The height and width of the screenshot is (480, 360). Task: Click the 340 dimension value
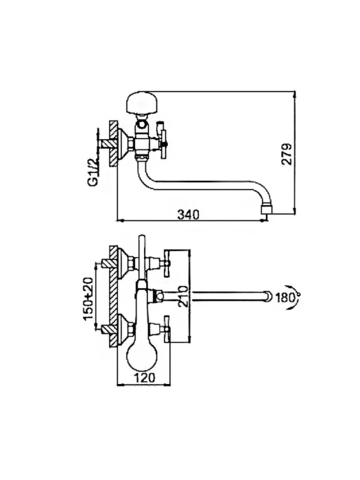point(189,215)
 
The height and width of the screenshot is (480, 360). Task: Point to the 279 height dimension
point(287,154)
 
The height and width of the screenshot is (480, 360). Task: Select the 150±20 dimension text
point(88,298)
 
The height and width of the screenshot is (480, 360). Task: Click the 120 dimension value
point(144,378)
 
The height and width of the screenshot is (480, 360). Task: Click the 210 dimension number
point(182,296)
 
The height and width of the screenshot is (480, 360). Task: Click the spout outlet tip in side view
point(266,211)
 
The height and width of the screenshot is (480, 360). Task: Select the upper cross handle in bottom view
point(167,263)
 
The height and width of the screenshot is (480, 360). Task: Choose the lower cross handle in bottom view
point(167,329)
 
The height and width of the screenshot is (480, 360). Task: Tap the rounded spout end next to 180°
point(269,296)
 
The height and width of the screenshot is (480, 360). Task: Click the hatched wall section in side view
point(114,143)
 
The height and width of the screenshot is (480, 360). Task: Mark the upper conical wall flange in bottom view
point(124,263)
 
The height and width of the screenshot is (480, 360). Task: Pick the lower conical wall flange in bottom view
point(124,329)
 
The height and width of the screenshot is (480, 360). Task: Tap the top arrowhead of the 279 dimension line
point(294,95)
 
